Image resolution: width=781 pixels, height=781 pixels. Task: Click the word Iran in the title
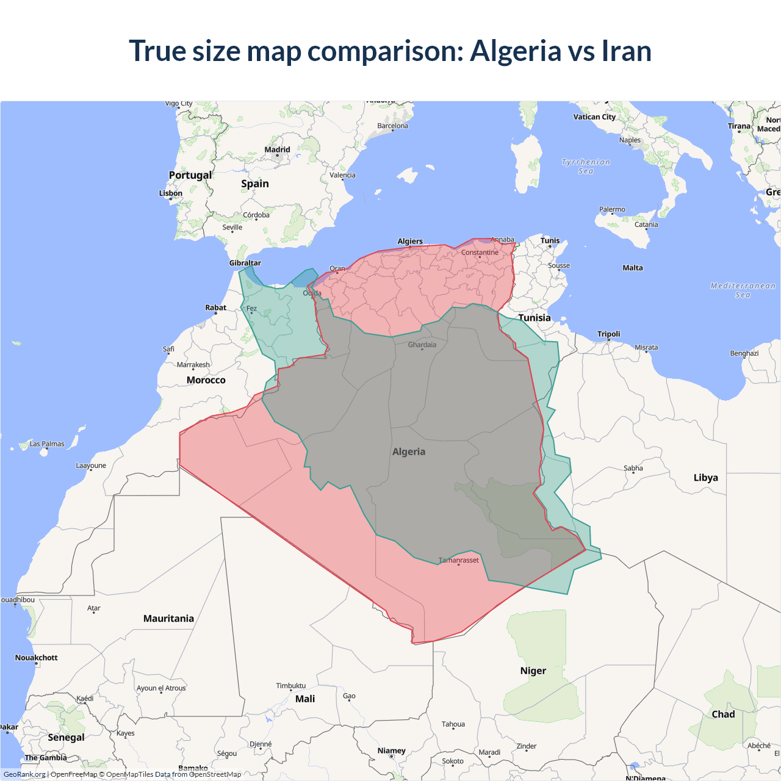627,51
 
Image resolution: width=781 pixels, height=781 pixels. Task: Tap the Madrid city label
277,149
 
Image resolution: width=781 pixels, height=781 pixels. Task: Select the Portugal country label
190,175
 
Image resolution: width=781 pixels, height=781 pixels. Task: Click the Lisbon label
171,193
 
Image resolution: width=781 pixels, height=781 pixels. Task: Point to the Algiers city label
410,241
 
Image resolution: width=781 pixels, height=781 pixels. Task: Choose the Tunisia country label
534,318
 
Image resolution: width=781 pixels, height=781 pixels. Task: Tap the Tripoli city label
608,334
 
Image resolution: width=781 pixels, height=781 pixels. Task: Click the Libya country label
705,478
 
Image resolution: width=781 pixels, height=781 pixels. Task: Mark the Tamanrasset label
459,560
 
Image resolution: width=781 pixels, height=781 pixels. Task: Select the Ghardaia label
422,345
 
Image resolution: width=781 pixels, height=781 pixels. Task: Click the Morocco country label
206,380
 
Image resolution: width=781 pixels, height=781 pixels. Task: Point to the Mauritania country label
168,619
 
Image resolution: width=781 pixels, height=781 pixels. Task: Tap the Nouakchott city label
37,658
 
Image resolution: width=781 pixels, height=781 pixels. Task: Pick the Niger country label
533,671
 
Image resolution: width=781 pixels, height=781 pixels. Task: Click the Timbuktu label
291,686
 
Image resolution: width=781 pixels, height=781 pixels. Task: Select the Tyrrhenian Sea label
586,167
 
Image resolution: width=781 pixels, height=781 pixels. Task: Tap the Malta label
633,268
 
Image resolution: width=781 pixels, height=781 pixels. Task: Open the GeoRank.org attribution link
24,774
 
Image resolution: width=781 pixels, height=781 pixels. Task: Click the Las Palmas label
47,444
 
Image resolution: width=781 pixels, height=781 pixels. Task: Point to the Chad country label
723,714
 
